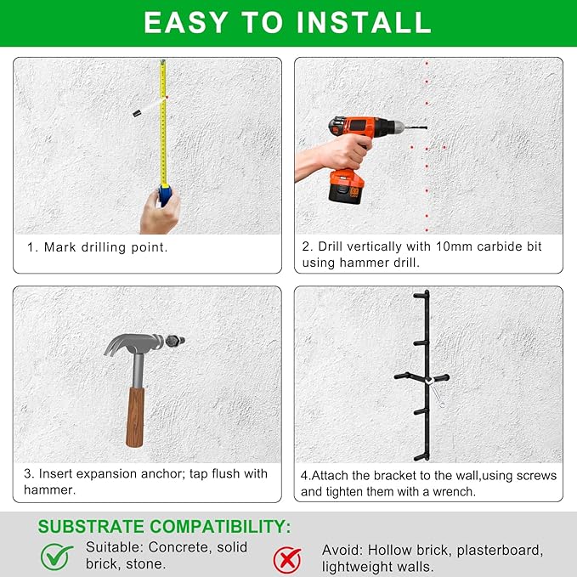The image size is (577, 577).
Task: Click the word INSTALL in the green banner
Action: coord(364,22)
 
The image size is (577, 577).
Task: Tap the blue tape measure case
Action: coord(165,195)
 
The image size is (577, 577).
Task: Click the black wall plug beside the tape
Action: coord(138,113)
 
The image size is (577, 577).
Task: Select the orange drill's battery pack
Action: coord(346,188)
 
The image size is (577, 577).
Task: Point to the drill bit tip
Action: coord(426,127)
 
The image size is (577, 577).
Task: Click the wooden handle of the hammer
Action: coord(135,416)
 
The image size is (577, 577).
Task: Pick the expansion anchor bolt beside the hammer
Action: coord(174,341)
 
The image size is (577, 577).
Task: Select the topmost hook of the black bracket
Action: coord(421,295)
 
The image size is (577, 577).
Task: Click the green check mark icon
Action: coord(56,557)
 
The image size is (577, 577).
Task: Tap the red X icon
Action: coord(287,560)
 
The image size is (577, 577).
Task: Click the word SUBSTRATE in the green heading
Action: coord(92,527)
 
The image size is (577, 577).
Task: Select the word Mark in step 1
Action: coord(60,247)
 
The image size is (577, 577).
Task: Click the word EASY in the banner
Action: coord(186,22)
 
